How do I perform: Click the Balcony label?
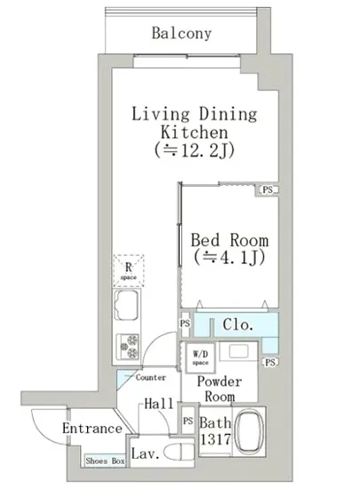(x=181, y=33)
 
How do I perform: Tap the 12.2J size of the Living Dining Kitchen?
(x=194, y=151)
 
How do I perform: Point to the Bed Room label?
(x=229, y=240)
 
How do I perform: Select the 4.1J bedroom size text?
(x=229, y=258)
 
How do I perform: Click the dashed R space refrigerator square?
(x=128, y=270)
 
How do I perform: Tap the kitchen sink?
(x=126, y=305)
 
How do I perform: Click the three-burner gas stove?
(x=128, y=347)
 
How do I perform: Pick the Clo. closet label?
(x=237, y=325)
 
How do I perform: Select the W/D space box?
(x=200, y=357)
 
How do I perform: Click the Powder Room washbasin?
(x=239, y=351)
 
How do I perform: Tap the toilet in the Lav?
(x=179, y=453)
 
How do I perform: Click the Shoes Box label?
(x=106, y=461)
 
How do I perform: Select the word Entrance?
(x=92, y=429)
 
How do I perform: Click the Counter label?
(x=150, y=378)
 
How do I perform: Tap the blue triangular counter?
(x=124, y=377)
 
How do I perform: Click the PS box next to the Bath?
(x=188, y=421)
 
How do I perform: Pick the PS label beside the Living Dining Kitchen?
(x=268, y=189)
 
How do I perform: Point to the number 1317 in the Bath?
(x=215, y=440)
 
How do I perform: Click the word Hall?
(x=158, y=404)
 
